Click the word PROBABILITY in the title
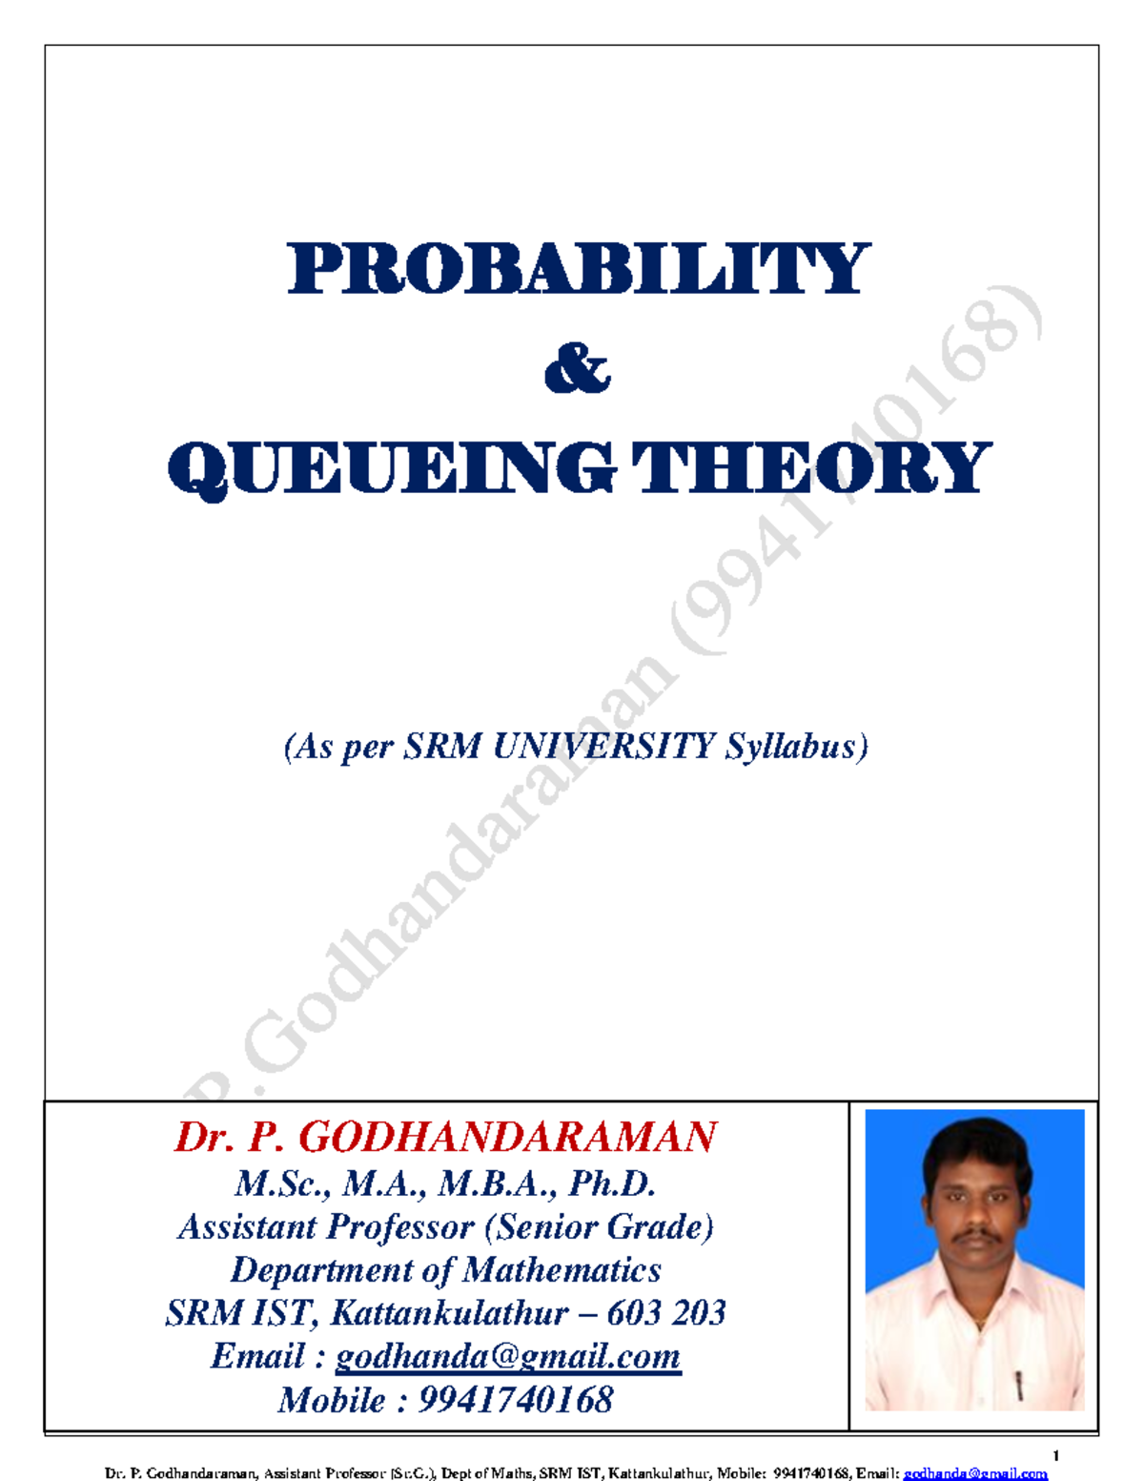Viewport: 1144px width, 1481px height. coord(578,269)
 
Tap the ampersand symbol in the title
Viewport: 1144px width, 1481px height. coord(577,370)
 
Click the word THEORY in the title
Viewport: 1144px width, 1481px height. coord(811,468)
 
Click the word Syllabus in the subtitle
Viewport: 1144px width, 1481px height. coord(795,747)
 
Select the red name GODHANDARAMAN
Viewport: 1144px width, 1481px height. coord(508,1137)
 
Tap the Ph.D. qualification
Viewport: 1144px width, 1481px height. coord(612,1183)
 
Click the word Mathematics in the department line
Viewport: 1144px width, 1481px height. coord(562,1270)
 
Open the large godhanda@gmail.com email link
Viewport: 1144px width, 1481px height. coord(508,1356)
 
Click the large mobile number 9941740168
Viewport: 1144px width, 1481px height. coord(515,1400)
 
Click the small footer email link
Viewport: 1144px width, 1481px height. coord(975,1473)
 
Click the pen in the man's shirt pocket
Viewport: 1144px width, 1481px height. coord(1019,1384)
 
